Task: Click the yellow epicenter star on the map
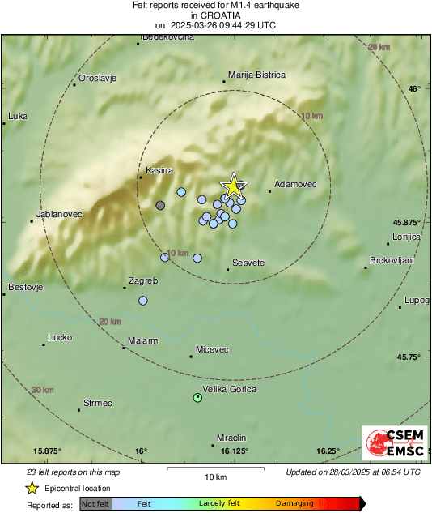[233, 186]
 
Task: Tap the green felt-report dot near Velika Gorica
[197, 397]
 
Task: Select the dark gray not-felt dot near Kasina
[160, 206]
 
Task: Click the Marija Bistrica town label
[257, 75]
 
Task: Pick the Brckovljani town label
[392, 260]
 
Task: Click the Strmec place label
[98, 403]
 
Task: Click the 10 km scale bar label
[214, 476]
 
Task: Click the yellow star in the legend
[32, 488]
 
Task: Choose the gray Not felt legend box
[96, 504]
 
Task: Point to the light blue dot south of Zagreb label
[143, 301]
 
